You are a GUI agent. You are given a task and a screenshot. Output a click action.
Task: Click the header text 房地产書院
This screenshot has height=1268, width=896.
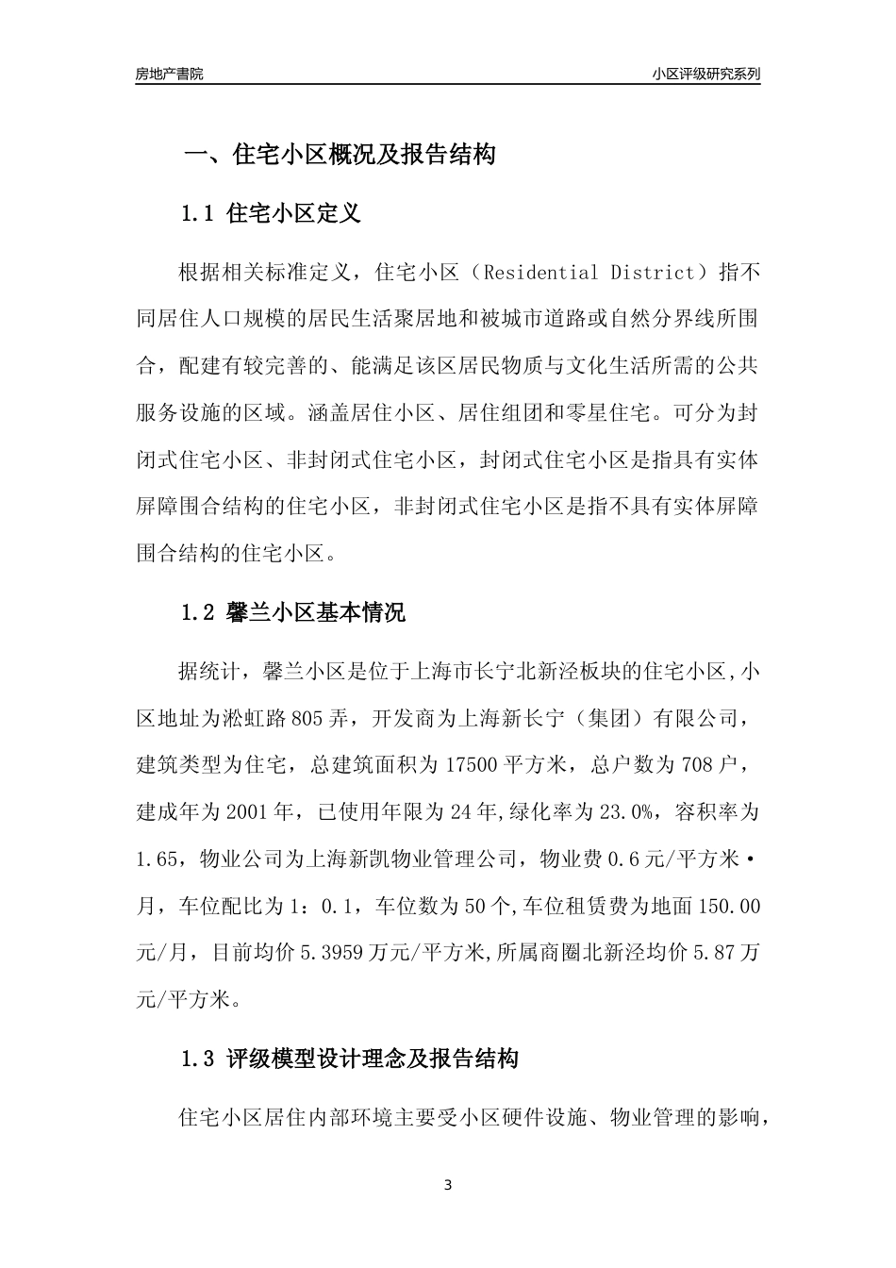169,74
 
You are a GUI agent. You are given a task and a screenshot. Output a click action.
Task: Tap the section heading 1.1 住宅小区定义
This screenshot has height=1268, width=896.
271,213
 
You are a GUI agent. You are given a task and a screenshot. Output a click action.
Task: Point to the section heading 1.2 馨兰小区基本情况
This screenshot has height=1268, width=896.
292,613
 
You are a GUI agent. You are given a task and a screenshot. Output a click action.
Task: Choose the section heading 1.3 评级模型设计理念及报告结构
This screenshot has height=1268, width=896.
349,1059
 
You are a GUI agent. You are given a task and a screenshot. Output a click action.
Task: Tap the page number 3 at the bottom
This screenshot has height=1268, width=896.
448,1185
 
